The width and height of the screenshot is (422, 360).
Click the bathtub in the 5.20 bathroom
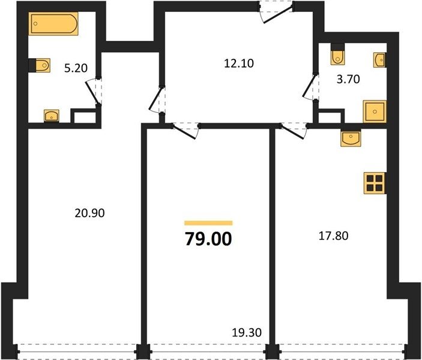pos(53,23)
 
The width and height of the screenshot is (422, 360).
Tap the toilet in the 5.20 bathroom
pos(40,65)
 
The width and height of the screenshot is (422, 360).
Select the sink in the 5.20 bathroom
pos(52,116)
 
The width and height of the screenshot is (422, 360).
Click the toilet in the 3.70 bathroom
pos(338,54)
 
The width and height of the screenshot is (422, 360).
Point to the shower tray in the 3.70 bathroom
pos(375,112)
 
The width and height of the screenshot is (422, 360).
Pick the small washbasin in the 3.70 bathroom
pos(379,60)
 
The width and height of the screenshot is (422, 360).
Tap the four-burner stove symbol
pos(375,183)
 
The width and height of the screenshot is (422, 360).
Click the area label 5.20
pos(76,68)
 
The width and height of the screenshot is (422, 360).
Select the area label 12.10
pos(239,63)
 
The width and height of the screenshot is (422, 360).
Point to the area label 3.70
pos(349,79)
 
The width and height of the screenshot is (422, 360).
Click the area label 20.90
pos(89,213)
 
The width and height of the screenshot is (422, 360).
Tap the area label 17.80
pos(333,236)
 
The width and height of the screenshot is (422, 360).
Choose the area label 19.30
pos(247,333)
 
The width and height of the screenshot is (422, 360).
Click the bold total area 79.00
pos(208,239)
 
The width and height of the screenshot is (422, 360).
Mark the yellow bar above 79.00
pos(208,223)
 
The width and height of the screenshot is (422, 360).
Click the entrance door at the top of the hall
pos(276,12)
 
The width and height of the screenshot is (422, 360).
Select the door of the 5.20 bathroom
pos(94,92)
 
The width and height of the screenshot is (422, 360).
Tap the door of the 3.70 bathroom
pos(310,87)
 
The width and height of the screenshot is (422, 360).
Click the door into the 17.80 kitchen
pos(294,131)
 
